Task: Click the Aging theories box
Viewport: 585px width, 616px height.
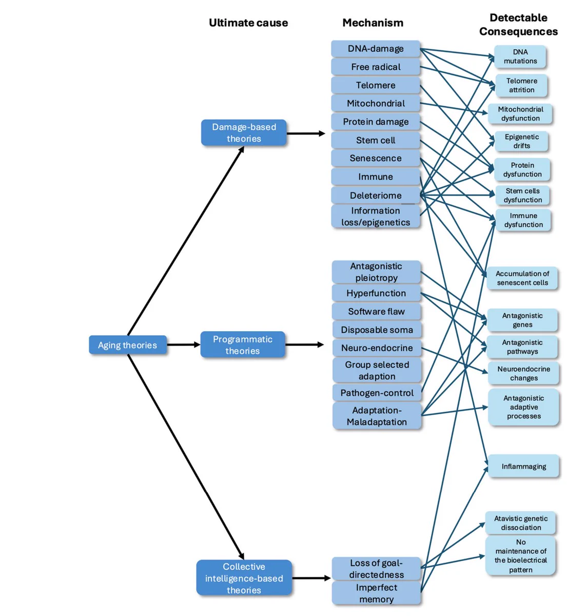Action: (x=128, y=344)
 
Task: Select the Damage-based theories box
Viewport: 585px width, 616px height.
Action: (x=244, y=132)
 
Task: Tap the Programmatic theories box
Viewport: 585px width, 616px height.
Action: (x=243, y=344)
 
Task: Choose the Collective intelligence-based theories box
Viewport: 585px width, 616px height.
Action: (x=244, y=577)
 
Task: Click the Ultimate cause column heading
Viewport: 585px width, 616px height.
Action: (x=248, y=23)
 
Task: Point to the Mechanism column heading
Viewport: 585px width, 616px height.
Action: (x=373, y=23)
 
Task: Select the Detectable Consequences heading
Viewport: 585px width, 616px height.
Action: (x=518, y=25)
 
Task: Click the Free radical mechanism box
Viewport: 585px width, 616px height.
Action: (x=376, y=67)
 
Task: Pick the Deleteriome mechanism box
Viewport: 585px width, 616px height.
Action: (x=376, y=195)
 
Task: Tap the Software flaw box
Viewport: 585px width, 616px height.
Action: (x=376, y=312)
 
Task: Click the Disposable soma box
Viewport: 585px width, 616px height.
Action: (x=377, y=330)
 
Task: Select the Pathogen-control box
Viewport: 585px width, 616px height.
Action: (x=377, y=393)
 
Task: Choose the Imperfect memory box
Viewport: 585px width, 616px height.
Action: (x=376, y=593)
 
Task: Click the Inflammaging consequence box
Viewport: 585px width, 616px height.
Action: (x=523, y=467)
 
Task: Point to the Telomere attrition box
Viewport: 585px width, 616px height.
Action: (x=521, y=85)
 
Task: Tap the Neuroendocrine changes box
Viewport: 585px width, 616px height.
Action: (x=523, y=374)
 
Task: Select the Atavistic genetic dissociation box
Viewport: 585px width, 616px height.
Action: (x=520, y=523)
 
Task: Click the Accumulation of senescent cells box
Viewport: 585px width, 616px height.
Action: (x=522, y=278)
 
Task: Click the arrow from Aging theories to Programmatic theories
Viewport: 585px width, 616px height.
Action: (x=183, y=344)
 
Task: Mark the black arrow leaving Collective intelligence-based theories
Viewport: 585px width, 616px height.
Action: (x=311, y=578)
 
